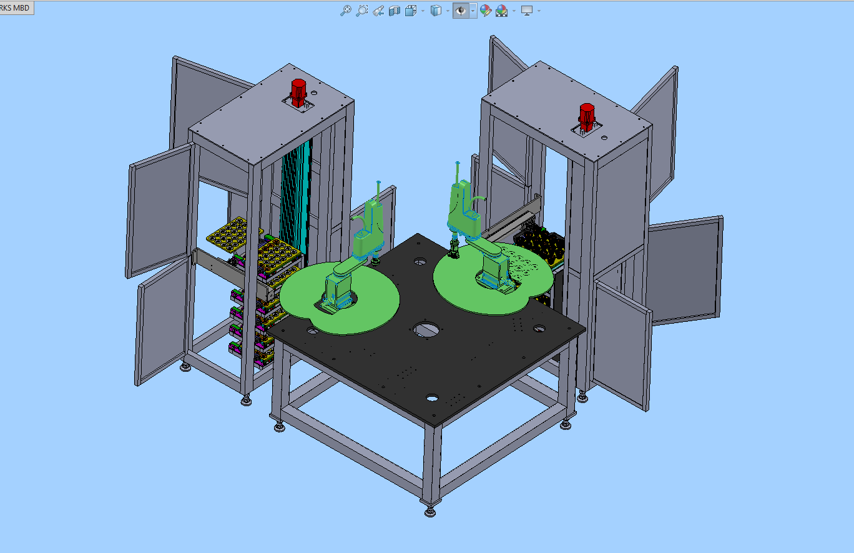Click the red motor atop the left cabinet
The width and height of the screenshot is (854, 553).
pos(298,92)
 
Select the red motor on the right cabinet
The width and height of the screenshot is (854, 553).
pos(586,117)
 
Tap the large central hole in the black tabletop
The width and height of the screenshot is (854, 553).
pos(426,330)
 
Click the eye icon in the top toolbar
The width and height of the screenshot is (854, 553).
pos(461,11)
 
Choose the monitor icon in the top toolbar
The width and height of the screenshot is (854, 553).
pos(526,11)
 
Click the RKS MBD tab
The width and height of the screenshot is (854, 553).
pos(16,7)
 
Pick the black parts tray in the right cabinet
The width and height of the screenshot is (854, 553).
pos(539,244)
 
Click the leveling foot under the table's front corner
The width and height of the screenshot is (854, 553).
pos(430,511)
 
